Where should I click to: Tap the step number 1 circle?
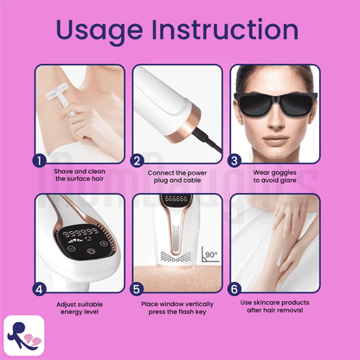(x=40, y=161)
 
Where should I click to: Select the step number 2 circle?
(x=137, y=161)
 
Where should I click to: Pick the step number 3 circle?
(x=235, y=161)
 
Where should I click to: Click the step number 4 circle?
(x=40, y=289)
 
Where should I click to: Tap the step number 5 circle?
(x=137, y=289)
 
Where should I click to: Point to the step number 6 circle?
(x=235, y=289)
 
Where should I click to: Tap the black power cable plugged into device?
(x=208, y=140)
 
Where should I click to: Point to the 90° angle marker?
(x=210, y=254)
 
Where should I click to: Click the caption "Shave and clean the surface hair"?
(x=80, y=175)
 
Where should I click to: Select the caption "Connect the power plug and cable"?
(x=177, y=177)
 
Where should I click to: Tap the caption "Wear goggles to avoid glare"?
(x=275, y=177)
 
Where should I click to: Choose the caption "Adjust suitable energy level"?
(x=80, y=308)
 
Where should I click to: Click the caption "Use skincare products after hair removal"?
(x=275, y=306)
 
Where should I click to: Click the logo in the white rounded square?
(x=24, y=336)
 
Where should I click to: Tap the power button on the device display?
(x=91, y=251)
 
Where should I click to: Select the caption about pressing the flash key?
(x=177, y=308)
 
